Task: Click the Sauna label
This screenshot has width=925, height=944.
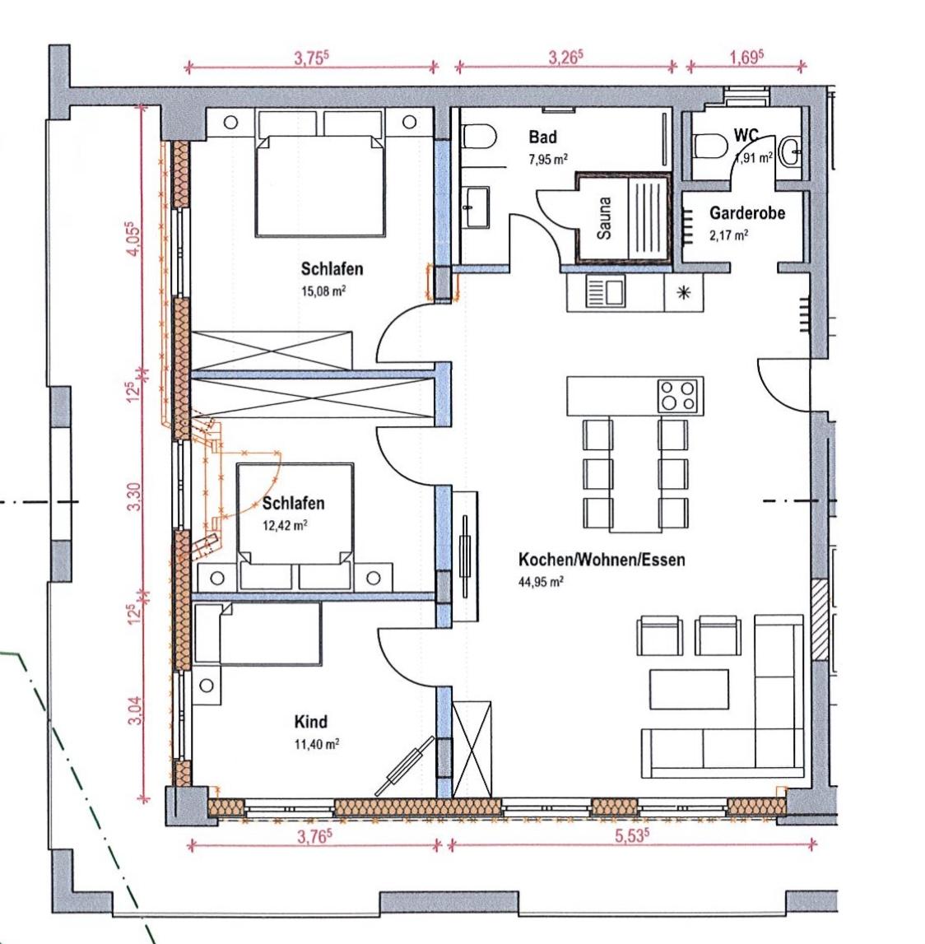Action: click(x=604, y=218)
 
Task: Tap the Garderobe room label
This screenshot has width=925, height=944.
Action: click(x=747, y=212)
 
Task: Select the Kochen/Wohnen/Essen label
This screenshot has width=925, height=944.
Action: click(x=602, y=560)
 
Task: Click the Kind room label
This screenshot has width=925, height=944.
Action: click(x=310, y=721)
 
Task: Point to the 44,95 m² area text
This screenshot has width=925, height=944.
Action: click(x=541, y=582)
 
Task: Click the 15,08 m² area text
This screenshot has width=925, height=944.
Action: click(x=323, y=291)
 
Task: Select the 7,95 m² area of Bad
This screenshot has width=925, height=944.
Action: click(x=548, y=160)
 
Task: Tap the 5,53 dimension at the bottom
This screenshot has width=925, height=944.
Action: click(x=632, y=835)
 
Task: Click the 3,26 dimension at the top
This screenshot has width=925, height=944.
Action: click(x=565, y=58)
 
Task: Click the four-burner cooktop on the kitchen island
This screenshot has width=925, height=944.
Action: click(x=678, y=396)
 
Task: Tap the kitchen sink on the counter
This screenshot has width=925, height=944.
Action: click(x=606, y=292)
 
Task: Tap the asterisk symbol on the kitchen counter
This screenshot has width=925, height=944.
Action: click(x=684, y=293)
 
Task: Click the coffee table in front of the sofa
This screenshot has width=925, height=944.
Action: click(x=689, y=690)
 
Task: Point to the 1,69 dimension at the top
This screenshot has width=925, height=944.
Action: click(x=747, y=58)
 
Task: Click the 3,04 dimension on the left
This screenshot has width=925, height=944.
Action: click(x=136, y=710)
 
